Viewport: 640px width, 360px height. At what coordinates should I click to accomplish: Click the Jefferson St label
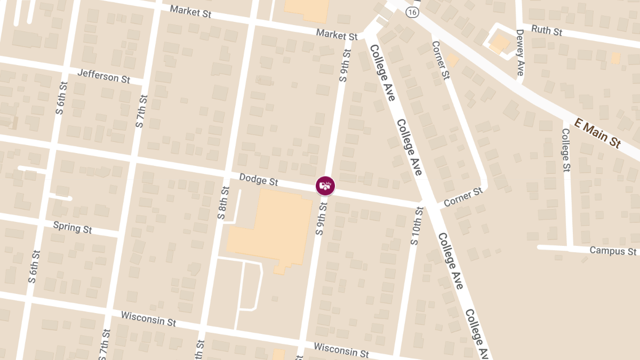(x=103, y=76)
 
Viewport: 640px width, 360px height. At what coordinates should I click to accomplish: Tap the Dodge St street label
(x=259, y=180)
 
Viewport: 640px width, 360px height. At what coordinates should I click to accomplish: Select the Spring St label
(x=73, y=227)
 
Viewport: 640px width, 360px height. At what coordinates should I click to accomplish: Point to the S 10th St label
(x=416, y=226)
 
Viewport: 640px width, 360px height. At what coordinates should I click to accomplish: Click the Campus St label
(x=613, y=251)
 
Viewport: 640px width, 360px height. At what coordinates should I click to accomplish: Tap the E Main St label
(x=598, y=133)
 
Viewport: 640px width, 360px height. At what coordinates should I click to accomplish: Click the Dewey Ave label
(x=521, y=52)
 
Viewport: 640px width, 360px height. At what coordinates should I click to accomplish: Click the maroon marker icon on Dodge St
(x=325, y=186)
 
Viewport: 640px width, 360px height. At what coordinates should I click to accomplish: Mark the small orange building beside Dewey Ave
(x=500, y=44)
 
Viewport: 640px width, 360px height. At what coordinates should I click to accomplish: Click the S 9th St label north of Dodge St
(x=345, y=65)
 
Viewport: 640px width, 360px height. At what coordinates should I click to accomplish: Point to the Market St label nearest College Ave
(x=337, y=35)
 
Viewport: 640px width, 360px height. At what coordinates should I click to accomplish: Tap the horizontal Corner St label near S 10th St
(x=462, y=197)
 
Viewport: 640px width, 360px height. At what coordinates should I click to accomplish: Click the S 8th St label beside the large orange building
(x=222, y=203)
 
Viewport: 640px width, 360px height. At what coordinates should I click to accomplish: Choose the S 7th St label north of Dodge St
(x=141, y=111)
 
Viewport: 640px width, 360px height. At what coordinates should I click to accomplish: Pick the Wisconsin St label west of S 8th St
(x=148, y=319)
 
